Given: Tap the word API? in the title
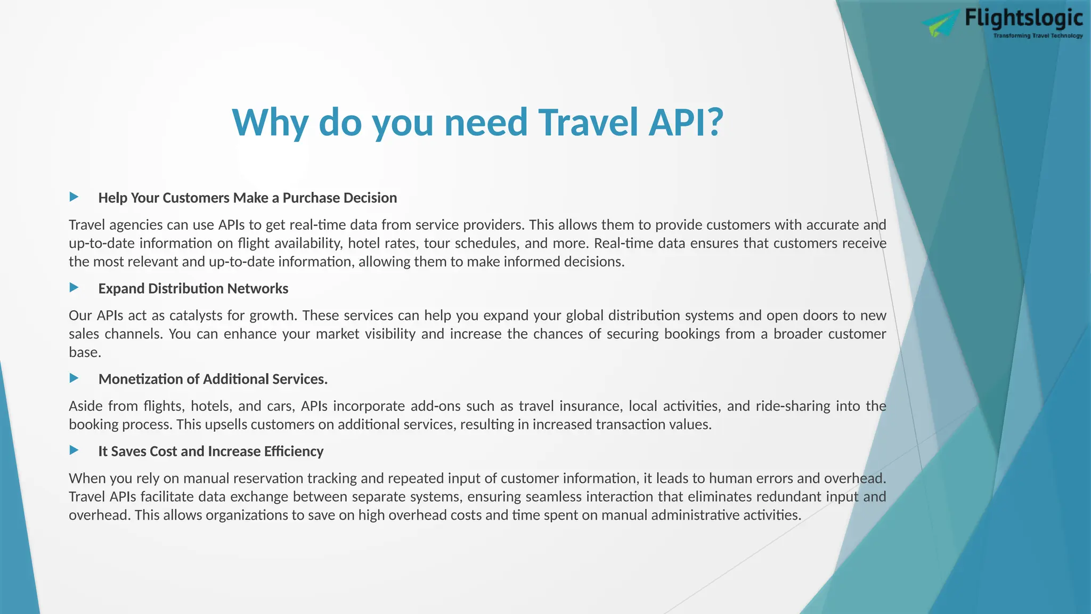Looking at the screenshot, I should (686, 122).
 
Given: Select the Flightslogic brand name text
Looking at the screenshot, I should (1023, 18).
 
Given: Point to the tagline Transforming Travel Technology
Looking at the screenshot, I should (1038, 36).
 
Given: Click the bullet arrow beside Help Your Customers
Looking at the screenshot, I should (74, 197).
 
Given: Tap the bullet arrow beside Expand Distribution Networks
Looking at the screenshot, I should (74, 288).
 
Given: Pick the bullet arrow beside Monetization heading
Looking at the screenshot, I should (74, 378).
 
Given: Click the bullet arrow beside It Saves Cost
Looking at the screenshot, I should (74, 450).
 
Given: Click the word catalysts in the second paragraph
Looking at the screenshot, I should (196, 316).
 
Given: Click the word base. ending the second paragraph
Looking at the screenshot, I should (85, 352).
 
